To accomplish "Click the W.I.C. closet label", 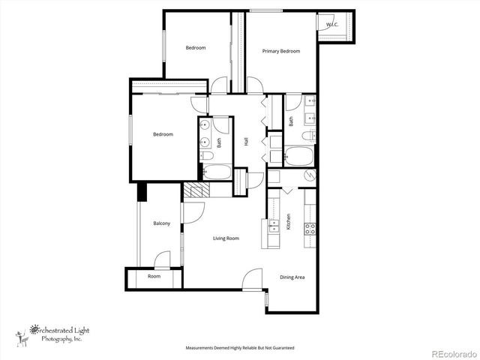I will (331, 25).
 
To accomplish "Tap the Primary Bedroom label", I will (281, 52).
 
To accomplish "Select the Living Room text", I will (226, 238).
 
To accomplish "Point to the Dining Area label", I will (292, 277).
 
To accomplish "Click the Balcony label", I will (161, 223).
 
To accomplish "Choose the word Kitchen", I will (289, 222).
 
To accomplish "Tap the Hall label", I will (246, 141).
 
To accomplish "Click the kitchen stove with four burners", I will (309, 228).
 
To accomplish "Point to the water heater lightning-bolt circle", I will (310, 175).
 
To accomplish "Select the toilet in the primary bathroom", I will (307, 136).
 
